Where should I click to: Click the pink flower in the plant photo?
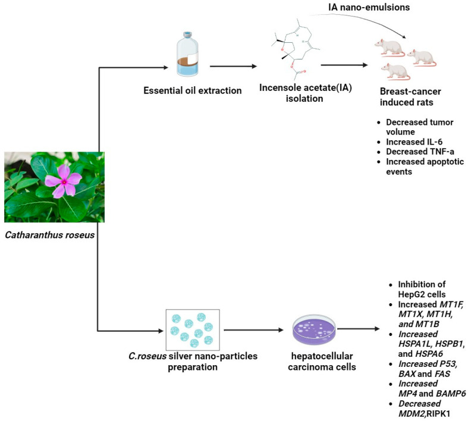(x=64, y=180)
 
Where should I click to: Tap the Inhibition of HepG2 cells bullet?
(x=416, y=289)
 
